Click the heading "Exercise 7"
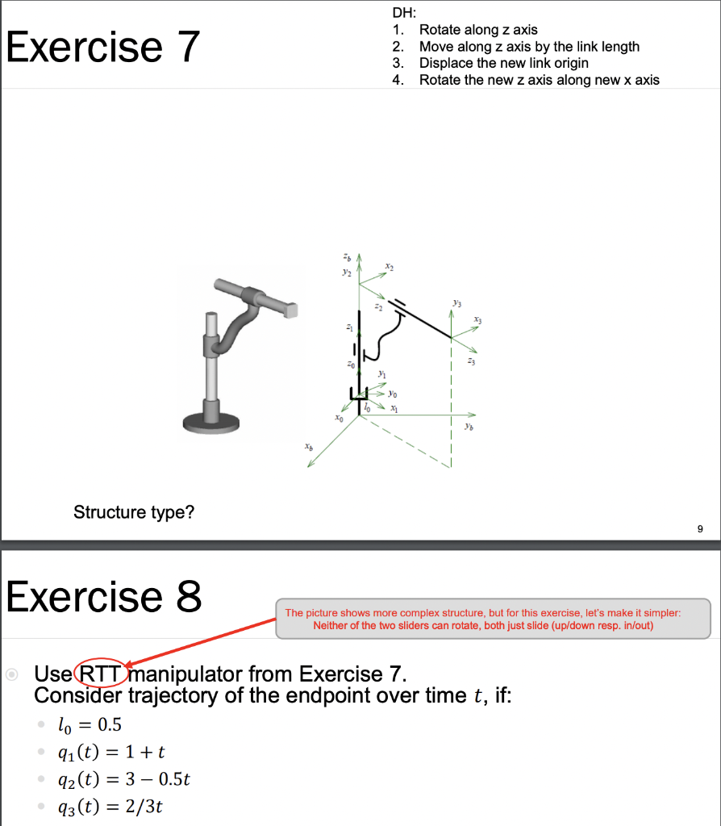[x=102, y=46]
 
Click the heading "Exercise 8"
[x=104, y=597]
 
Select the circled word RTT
[x=100, y=674]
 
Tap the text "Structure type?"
[x=134, y=512]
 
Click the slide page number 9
[x=699, y=529]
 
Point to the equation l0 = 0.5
[x=90, y=724]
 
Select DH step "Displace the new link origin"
[x=503, y=63]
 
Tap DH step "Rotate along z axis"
[x=478, y=30]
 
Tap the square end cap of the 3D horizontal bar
[x=290, y=309]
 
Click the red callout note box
[x=493, y=619]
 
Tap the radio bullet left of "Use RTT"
[x=12, y=674]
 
